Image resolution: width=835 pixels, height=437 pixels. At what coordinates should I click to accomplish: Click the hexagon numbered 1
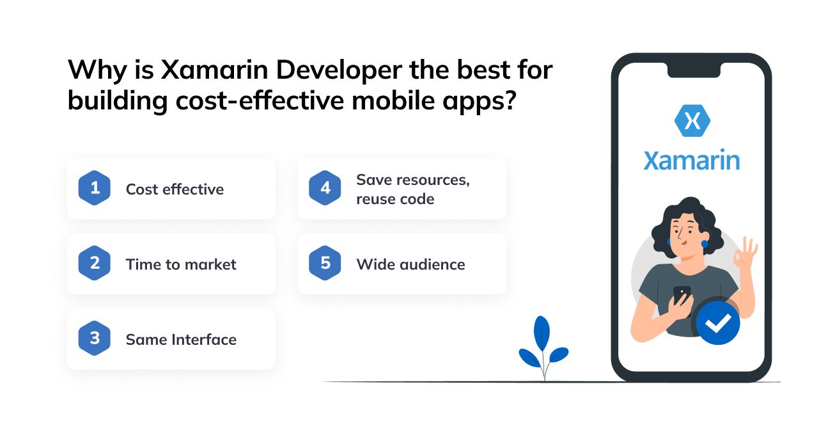[x=95, y=188]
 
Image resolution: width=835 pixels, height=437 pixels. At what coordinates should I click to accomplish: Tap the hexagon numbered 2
[x=95, y=263]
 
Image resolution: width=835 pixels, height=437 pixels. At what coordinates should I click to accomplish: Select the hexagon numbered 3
[x=95, y=338]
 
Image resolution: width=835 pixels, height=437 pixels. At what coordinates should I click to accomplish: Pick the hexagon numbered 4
[x=325, y=188]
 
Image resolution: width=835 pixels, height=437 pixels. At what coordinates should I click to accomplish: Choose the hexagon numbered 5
[x=325, y=263]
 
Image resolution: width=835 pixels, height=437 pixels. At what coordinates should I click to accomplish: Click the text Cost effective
[x=175, y=189]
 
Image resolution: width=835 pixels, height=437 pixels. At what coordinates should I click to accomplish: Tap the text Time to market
[x=181, y=264]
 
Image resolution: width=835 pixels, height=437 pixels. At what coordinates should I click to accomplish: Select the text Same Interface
[x=181, y=339]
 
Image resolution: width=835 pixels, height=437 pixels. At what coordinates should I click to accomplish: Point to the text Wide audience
[x=410, y=264]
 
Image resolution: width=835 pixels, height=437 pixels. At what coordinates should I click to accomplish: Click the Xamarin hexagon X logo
[x=692, y=121]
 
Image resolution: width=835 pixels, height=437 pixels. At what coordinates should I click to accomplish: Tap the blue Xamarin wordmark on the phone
[x=692, y=160]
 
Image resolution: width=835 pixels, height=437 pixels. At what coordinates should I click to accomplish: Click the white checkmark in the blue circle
[x=717, y=324]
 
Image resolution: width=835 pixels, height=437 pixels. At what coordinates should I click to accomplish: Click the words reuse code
[x=395, y=199]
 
